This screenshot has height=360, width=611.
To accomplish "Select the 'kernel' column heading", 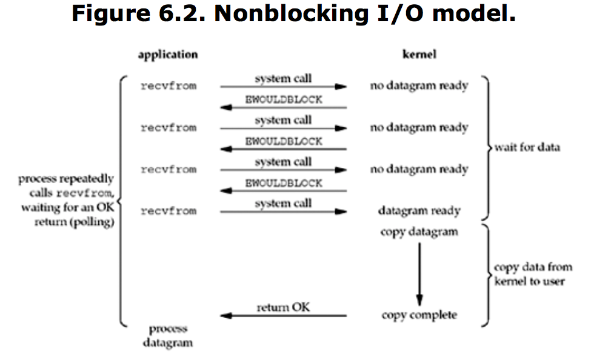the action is tap(419, 54).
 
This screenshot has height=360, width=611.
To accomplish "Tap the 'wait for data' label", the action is tap(527, 147).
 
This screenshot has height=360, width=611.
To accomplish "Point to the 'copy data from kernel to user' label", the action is tap(533, 274).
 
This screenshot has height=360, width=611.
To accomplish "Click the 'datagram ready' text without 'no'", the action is tap(419, 211).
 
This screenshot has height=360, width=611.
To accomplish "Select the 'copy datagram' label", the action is tap(419, 232).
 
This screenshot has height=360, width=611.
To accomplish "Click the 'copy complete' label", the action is tap(419, 315).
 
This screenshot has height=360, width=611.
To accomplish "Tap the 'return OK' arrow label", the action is tap(283, 307).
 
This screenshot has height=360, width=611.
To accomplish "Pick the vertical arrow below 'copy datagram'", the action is tap(419, 275).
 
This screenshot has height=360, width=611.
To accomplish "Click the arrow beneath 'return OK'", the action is tap(283, 316).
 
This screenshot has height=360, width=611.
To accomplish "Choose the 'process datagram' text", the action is tap(168, 336).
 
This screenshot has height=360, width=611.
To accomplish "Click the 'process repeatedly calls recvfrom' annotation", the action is tap(66, 200).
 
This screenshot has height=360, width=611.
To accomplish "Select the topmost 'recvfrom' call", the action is tap(169, 86).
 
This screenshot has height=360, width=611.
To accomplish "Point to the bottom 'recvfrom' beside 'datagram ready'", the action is tap(169, 211).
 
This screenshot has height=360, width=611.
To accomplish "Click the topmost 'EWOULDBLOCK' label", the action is tap(284, 100).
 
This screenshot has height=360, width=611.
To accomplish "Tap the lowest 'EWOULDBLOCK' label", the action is tap(284, 183).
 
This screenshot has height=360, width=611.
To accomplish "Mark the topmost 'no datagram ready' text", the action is tap(419, 86).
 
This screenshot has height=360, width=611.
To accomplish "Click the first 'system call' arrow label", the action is tap(283, 79).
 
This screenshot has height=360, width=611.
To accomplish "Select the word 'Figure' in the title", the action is tap(111, 14).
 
